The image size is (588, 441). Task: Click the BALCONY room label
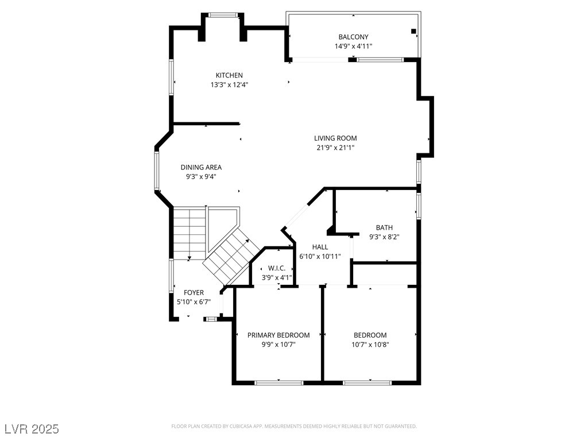coord(353,37)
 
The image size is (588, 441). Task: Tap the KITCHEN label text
coord(229,75)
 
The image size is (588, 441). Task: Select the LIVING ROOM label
coord(335,138)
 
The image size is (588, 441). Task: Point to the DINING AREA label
coord(201,167)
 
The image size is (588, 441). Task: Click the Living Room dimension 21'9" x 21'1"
coord(335,148)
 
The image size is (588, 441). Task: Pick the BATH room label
coord(384,227)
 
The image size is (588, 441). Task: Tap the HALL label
coord(320,247)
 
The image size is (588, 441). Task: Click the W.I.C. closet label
coord(277,268)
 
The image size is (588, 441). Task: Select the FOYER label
coord(194,292)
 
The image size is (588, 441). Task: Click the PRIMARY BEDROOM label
coord(278,335)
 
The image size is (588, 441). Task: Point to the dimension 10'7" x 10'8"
coord(370,345)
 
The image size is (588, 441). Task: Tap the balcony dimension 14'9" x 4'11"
coord(353,47)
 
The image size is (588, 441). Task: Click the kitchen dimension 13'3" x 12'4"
coord(229,85)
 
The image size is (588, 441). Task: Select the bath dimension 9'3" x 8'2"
coord(384,237)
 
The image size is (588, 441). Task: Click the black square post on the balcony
coord(413,32)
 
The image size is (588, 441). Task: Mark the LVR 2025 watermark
coord(32,428)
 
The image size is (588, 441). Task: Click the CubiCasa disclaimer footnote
coord(294,427)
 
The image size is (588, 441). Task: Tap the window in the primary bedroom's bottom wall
coord(278,383)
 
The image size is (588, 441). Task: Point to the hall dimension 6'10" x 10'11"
coord(320,257)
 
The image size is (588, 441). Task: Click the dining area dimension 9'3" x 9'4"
coord(201,177)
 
